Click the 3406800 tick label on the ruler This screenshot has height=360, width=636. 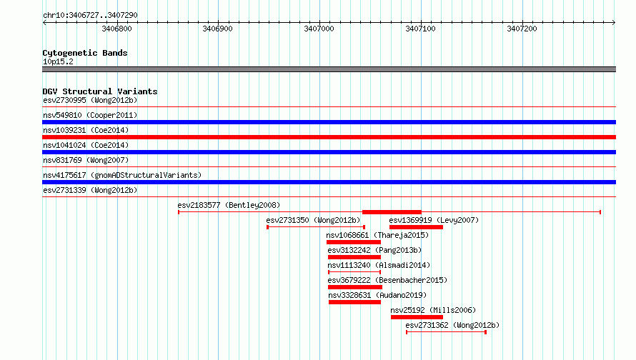coord(116,29)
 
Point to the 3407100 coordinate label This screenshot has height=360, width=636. coord(421,29)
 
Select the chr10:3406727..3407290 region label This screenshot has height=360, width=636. coord(90,15)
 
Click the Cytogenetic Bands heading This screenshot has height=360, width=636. coord(85,53)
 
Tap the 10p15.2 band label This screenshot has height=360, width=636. coord(58,61)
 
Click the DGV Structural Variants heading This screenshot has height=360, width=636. coord(100,91)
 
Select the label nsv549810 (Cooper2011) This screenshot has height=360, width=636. coord(90,115)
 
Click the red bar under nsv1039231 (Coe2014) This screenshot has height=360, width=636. coord(329,137)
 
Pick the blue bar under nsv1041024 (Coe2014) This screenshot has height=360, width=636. coord(329,152)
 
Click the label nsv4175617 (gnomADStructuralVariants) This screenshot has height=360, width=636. coord(122,175)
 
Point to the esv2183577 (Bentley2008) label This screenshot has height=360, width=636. coord(229,205)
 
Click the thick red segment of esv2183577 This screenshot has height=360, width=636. coord(392,212)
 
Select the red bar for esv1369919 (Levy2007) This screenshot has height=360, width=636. coord(416,227)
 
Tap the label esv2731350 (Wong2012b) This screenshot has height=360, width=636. coord(313,220)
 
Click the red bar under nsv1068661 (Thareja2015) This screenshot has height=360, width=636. coord(354,242)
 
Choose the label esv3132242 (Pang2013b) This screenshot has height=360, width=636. coord(374,250)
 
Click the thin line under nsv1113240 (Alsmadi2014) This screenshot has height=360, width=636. coord(354,272)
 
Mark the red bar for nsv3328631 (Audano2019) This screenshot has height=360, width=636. coord(354,302)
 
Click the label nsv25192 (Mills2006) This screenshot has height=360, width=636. coord(433,310)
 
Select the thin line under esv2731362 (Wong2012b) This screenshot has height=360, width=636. coord(446,332)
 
